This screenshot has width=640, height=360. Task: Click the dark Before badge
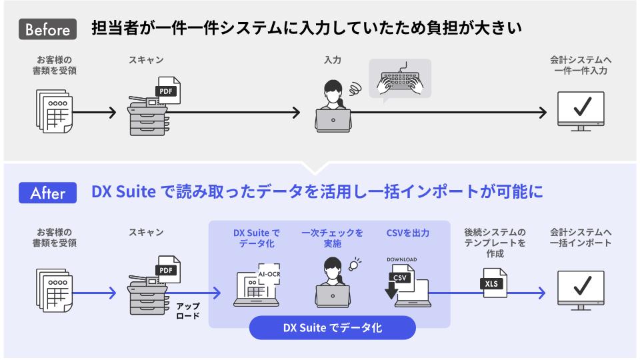[48, 29]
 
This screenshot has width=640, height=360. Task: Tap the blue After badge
[48, 193]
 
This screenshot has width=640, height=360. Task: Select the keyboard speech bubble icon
[400, 79]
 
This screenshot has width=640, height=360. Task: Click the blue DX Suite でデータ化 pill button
[333, 328]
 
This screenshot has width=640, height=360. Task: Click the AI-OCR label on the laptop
[269, 273]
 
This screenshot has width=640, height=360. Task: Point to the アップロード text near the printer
[188, 311]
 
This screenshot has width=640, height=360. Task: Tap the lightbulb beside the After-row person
[354, 263]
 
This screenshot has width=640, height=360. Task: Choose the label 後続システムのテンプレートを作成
[495, 243]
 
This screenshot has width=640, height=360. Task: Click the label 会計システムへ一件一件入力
[580, 65]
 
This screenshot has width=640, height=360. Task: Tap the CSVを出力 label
[407, 233]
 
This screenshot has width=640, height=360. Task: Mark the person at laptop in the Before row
[332, 105]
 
